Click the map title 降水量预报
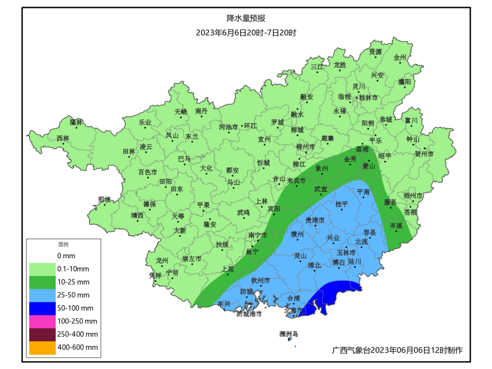click(x=246, y=19)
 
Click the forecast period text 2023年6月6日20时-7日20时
click(x=246, y=33)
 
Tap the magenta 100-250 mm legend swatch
click(x=41, y=321)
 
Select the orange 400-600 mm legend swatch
click(x=41, y=348)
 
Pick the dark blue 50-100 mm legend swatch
click(x=41, y=308)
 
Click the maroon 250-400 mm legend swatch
click(x=41, y=334)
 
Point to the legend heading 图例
click(x=62, y=245)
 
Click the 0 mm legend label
click(x=66, y=256)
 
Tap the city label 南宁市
click(x=258, y=235)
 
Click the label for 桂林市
click(x=369, y=97)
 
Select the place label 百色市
click(x=148, y=172)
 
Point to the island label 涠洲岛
click(x=288, y=334)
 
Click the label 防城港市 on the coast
click(x=249, y=314)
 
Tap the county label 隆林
click(x=76, y=122)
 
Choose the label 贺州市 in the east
click(x=424, y=154)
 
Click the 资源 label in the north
click(x=375, y=51)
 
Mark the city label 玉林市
click(x=346, y=252)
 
